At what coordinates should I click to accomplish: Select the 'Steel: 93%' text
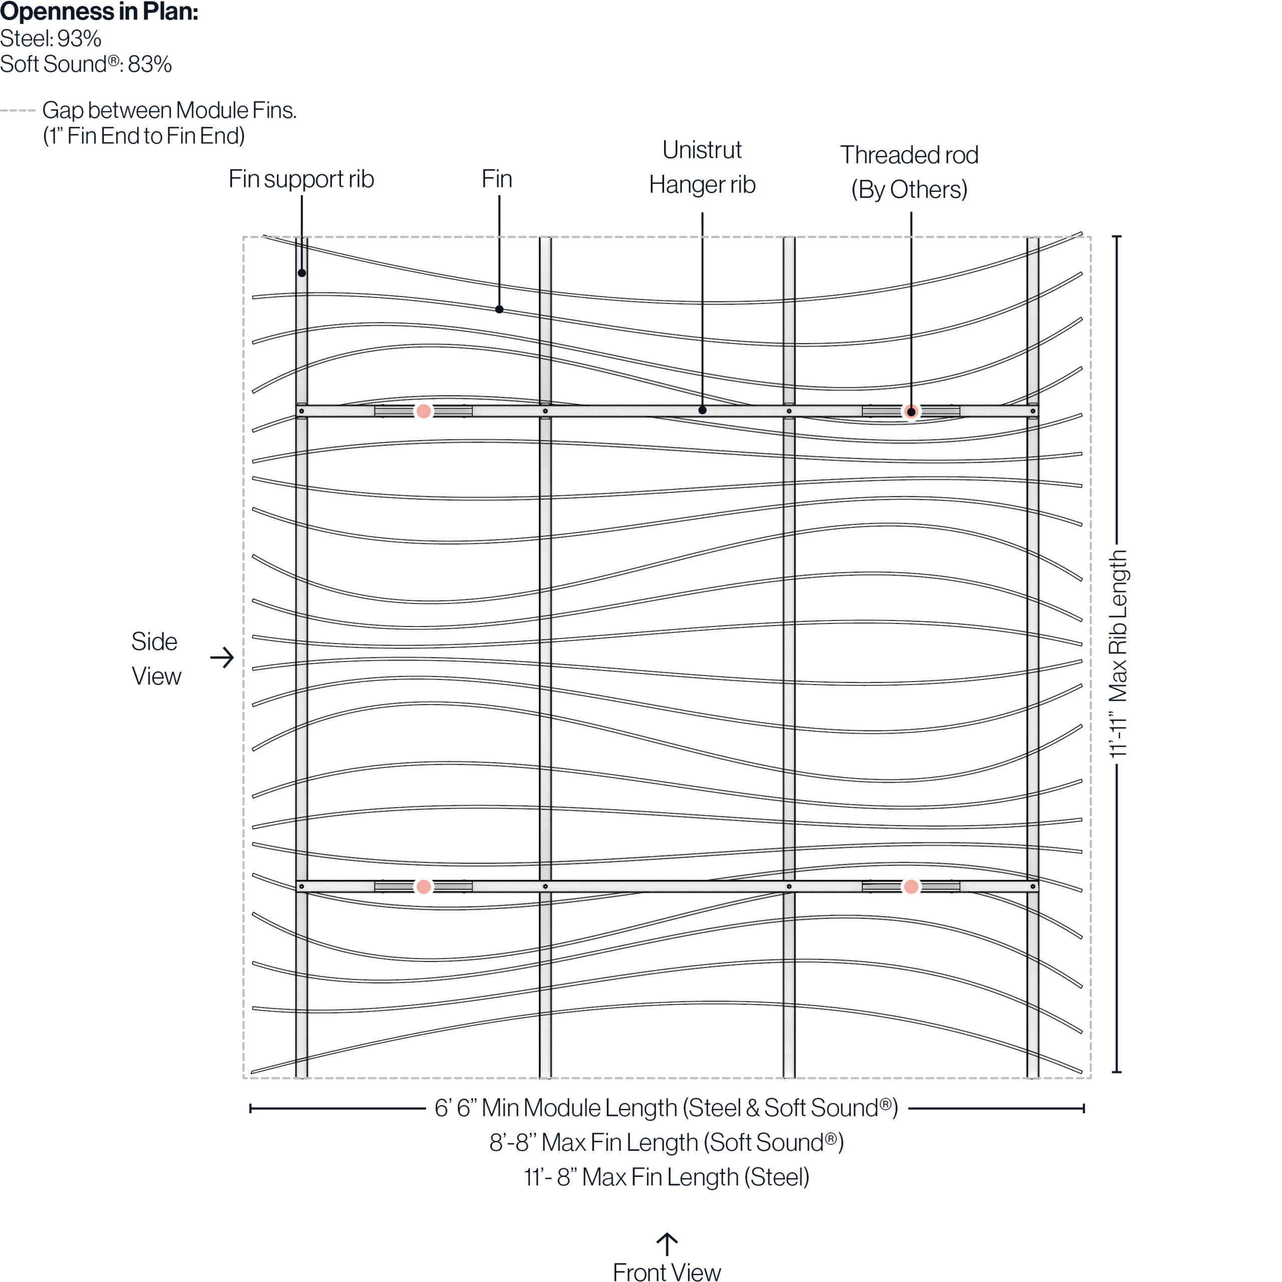(51, 39)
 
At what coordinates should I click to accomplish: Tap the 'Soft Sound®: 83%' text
(86, 65)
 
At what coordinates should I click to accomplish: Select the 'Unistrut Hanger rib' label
(702, 167)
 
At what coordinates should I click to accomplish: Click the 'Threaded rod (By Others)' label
(909, 172)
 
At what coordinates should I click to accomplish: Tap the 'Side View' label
(155, 658)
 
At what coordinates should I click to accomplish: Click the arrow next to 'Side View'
(222, 658)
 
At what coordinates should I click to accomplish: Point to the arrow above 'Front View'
(667, 1243)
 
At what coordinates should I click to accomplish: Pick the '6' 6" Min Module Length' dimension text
(666, 1108)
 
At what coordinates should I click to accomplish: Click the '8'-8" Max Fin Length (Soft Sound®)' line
(666, 1143)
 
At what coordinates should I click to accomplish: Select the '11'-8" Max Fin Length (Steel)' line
(666, 1177)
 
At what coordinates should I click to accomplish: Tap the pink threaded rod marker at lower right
(911, 886)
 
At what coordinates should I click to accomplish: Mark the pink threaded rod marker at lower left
(423, 886)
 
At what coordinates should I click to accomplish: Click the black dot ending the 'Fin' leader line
(499, 309)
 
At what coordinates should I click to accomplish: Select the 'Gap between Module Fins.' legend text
(169, 110)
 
